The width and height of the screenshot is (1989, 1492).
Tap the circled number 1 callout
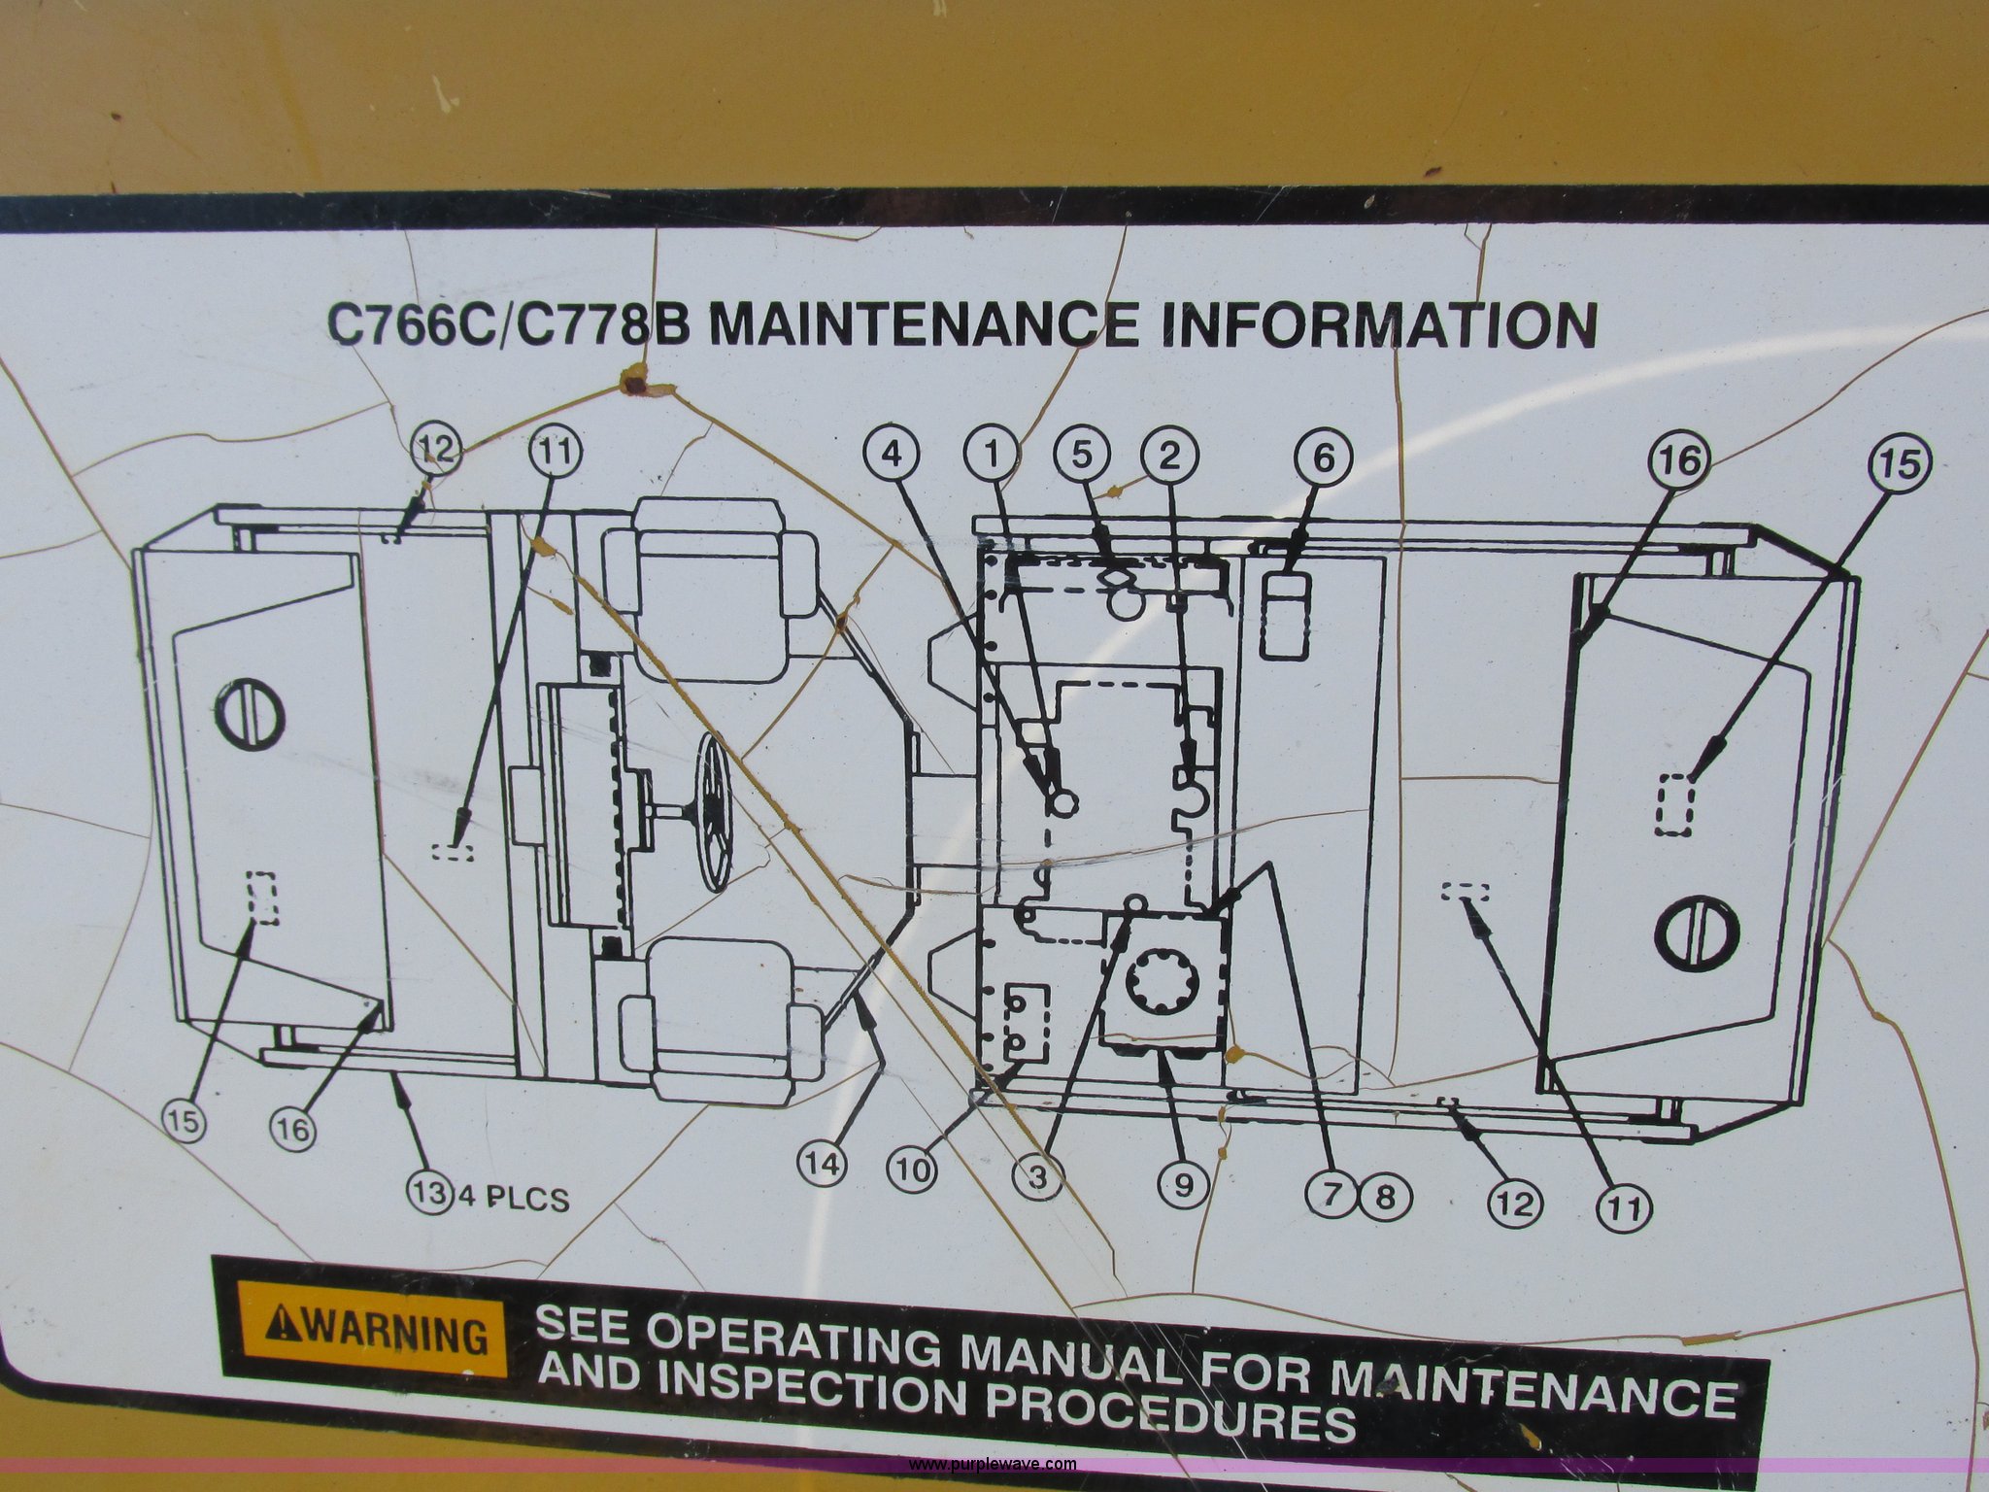992,455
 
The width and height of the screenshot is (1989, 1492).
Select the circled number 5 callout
1083,454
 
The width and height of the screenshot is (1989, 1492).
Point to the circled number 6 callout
1325,456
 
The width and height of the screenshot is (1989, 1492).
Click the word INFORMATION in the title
1379,324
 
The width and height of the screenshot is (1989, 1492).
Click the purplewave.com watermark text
993,1464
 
